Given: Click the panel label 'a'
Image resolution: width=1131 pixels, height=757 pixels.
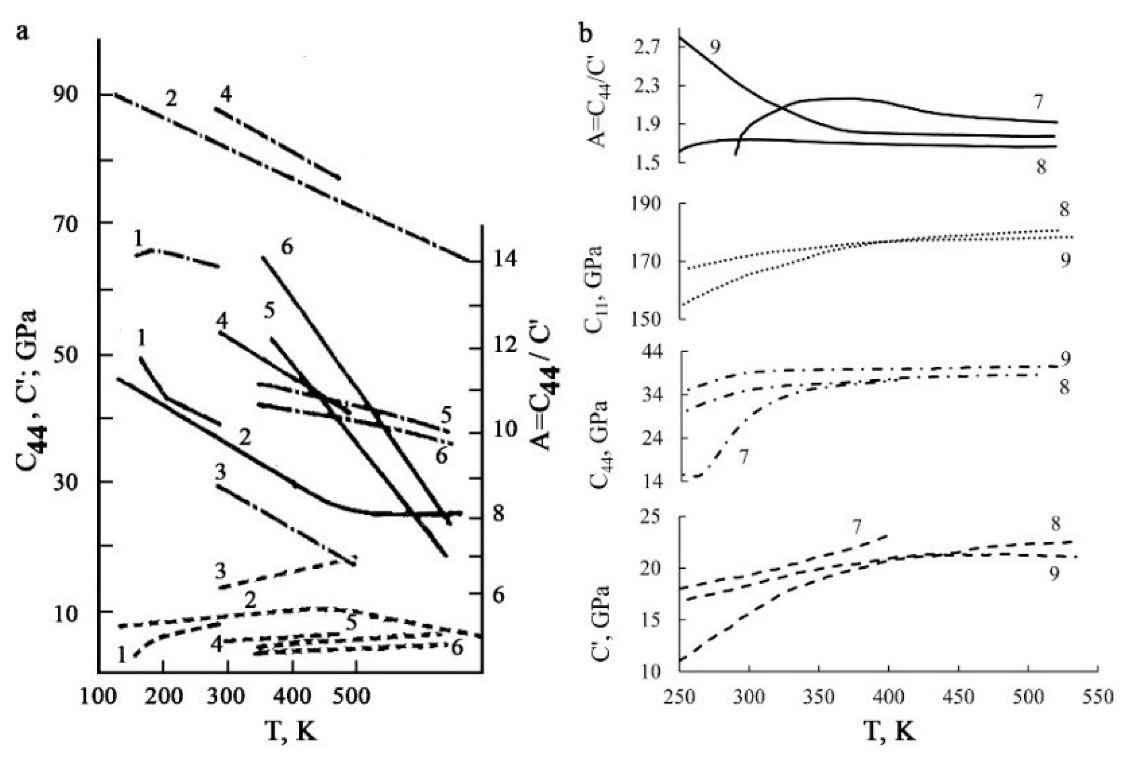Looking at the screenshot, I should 22,33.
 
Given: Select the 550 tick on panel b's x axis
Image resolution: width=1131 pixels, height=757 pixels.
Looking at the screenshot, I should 1097,697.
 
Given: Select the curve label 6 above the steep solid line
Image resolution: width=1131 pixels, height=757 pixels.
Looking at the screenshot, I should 287,246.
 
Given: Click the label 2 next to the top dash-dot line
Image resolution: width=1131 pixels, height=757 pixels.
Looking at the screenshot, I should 171,98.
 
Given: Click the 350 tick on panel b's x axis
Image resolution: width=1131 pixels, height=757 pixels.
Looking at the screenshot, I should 819,697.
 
